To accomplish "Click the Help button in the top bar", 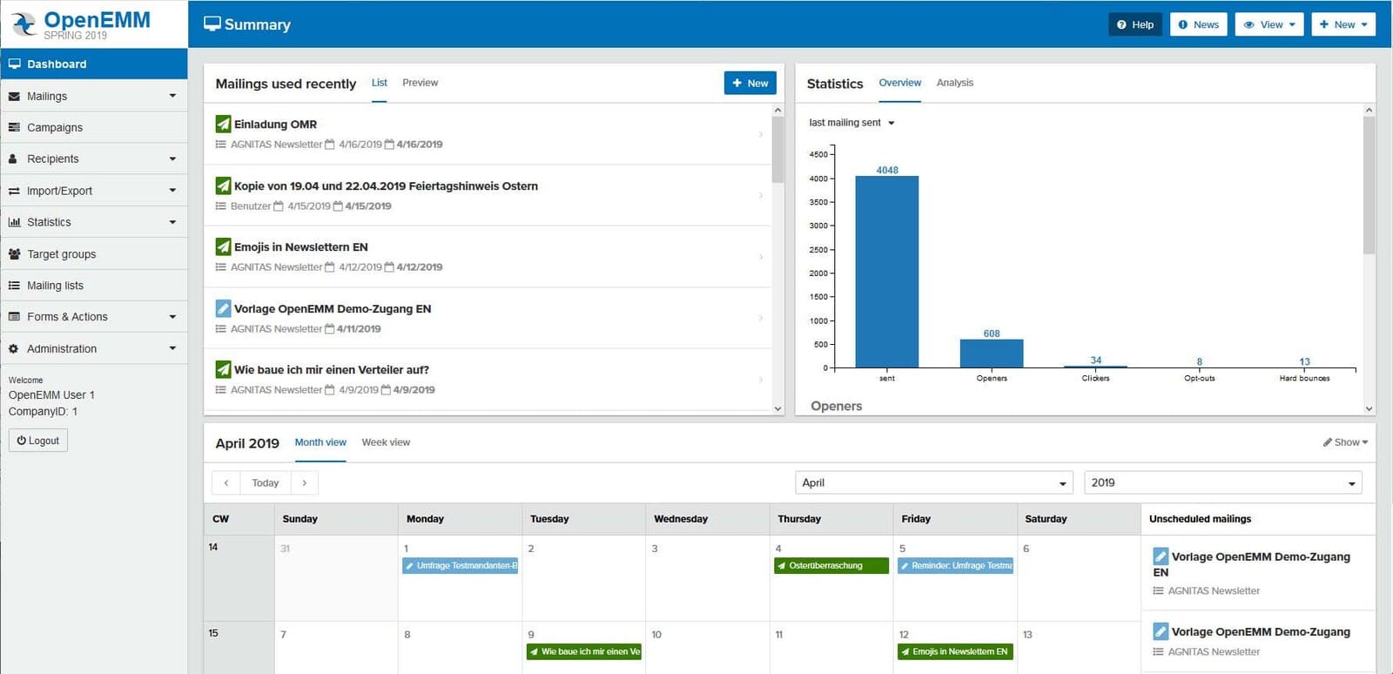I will point(1135,24).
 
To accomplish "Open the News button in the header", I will point(1198,24).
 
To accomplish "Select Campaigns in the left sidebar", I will point(55,127).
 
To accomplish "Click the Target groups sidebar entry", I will point(61,254).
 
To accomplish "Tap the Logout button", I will point(38,441).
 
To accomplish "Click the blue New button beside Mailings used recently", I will point(750,83).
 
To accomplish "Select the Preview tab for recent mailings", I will point(420,83).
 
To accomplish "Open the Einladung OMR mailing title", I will point(275,125).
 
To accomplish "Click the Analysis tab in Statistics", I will point(954,83).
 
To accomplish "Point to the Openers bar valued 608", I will point(991,354).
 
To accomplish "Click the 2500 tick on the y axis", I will point(819,250).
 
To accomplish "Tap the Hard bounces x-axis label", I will point(1304,378).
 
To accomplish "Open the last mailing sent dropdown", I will point(851,123).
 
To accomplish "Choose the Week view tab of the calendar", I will point(386,442).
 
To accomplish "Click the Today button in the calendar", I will point(266,482).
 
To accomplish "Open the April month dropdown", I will point(934,482).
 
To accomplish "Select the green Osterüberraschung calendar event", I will point(831,566).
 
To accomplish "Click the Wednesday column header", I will point(681,519).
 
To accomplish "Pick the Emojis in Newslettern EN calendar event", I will point(955,651).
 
